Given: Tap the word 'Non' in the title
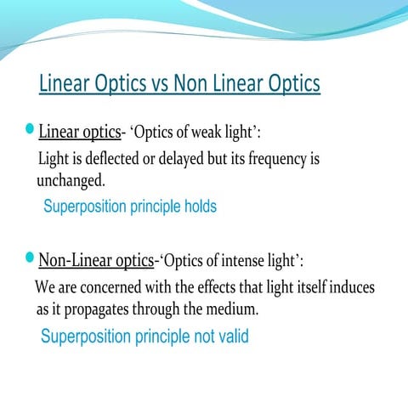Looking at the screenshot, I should pos(192,84).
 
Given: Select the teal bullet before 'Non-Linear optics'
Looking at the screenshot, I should pos(31,258).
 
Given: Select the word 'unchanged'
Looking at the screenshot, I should pos(70,181).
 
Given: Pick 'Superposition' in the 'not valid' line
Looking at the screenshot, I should pos(87,337).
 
